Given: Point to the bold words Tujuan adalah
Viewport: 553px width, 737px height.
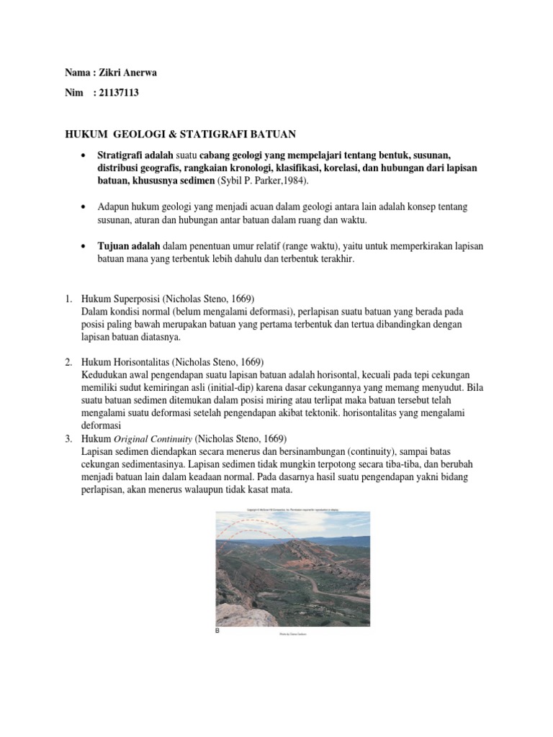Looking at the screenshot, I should [x=129, y=246].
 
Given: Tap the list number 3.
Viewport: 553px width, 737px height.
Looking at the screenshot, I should [x=60, y=439].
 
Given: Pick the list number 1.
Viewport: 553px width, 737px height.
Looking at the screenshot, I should [x=60, y=299].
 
